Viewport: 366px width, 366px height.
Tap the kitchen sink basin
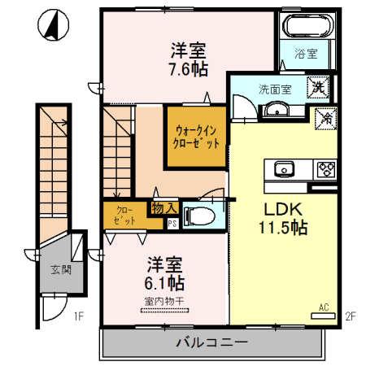pyautogui.click(x=284, y=169)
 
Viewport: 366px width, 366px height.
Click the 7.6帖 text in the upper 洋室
pyautogui.click(x=188, y=69)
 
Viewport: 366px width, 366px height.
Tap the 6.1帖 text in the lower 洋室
pyautogui.click(x=165, y=284)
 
